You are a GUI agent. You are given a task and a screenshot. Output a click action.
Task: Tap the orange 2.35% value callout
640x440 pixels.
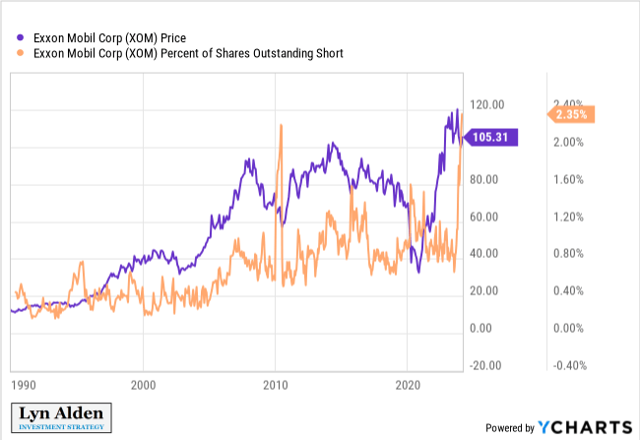pos(570,115)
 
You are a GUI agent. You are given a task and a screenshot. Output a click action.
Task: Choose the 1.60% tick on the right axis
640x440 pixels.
pos(567,180)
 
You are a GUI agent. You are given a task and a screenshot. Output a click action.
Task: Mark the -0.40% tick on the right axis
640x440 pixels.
pos(565,365)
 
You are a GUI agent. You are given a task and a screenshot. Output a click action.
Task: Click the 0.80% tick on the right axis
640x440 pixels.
pos(567,254)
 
